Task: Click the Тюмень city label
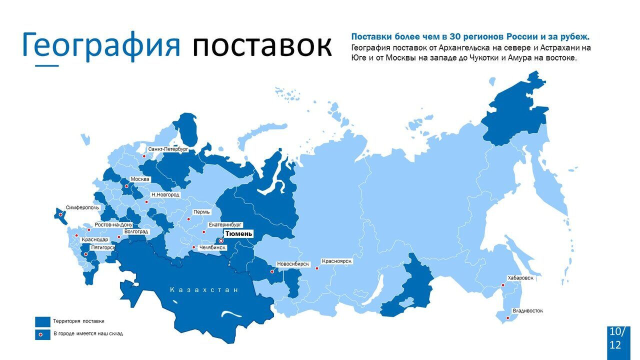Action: click(x=239, y=233)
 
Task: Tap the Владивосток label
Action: click(x=527, y=310)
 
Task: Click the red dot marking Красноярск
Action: click(x=317, y=268)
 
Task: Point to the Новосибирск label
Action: click(x=293, y=263)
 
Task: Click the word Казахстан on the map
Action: click(x=204, y=290)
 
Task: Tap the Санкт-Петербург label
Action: click(x=168, y=149)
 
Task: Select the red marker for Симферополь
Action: click(x=61, y=215)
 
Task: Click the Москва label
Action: click(x=139, y=179)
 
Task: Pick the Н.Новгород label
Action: click(x=165, y=194)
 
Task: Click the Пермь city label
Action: click(x=201, y=212)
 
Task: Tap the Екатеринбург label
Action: click(x=225, y=225)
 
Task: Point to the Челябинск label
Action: click(x=212, y=247)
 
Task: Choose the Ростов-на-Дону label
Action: click(x=113, y=225)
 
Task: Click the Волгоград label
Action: click(x=136, y=231)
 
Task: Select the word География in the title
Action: click(x=101, y=45)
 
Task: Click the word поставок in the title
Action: click(x=261, y=45)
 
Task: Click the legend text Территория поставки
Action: click(x=79, y=321)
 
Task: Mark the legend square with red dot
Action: click(x=42, y=334)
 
